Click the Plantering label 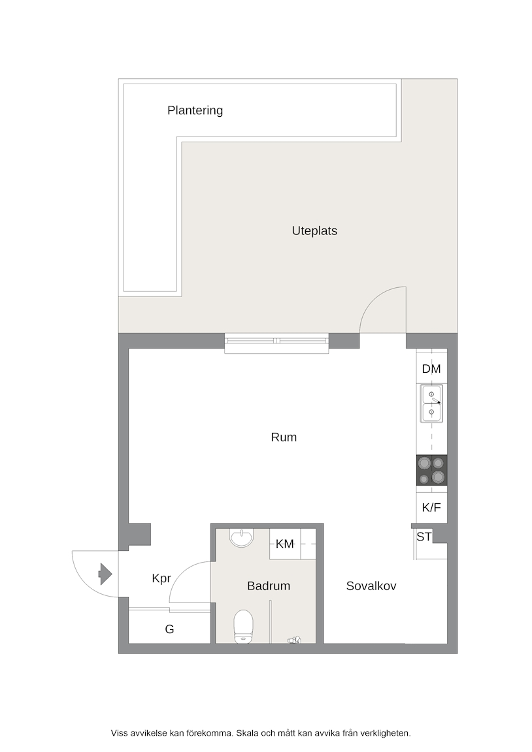[195, 111]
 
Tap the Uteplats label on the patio [314, 230]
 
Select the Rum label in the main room [284, 437]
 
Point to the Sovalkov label [371, 586]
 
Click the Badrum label [269, 586]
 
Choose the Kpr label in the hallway [161, 579]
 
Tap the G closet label [169, 629]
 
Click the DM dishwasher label [431, 369]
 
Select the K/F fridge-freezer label [431, 507]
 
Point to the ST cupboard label [424, 537]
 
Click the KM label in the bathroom [285, 544]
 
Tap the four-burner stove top [431, 470]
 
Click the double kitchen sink [431, 403]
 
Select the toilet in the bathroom [243, 627]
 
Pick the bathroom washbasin [242, 538]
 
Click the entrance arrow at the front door [105, 574]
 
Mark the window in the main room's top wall [276, 343]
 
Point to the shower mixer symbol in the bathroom [294, 640]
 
